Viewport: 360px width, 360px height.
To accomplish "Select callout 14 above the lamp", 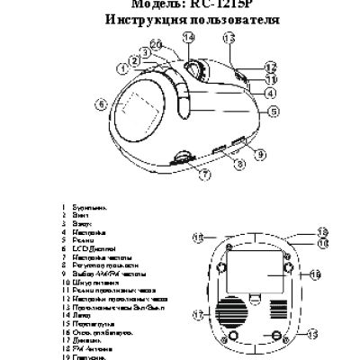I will point(189,37).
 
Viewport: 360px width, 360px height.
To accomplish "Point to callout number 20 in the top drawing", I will point(156,44).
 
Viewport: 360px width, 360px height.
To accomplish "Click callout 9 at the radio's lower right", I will point(261,155).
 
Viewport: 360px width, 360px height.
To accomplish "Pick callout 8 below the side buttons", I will point(239,165).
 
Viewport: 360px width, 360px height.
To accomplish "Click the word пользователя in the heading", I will point(226,19).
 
